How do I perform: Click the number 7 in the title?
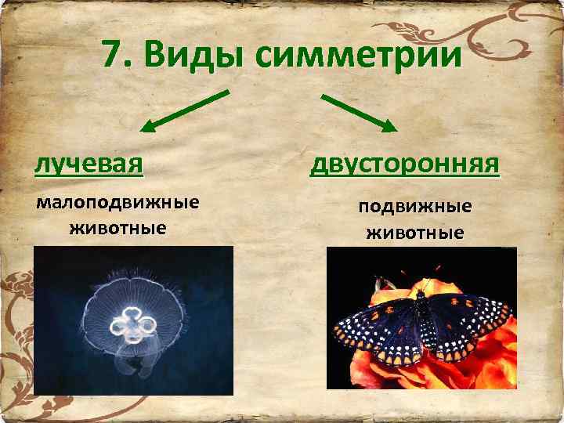[111, 56]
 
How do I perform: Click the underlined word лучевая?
[89, 163]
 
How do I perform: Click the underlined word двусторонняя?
[404, 164]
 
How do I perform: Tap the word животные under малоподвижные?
[117, 229]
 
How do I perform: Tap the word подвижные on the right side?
[414, 207]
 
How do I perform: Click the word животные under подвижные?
[414, 233]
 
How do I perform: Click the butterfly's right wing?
[470, 321]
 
